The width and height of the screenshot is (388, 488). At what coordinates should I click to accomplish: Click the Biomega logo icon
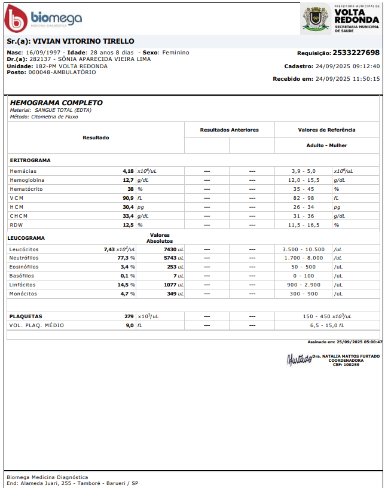16,19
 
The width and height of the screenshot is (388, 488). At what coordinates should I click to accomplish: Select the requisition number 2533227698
356,53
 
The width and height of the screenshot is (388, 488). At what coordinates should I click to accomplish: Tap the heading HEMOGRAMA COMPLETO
56,103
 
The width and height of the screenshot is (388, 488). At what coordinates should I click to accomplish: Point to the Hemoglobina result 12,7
128,180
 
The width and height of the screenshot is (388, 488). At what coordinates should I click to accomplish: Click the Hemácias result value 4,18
128,171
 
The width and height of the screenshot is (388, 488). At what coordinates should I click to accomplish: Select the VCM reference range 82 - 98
303,198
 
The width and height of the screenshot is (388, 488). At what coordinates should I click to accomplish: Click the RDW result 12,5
128,225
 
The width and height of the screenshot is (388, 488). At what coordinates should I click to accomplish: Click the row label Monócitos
23,294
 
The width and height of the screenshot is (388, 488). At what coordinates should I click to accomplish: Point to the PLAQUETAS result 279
129,316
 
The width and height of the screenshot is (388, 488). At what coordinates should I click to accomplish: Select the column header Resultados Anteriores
229,130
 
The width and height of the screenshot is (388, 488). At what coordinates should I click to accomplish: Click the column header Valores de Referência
326,130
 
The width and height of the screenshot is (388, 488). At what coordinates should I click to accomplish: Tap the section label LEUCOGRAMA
26,238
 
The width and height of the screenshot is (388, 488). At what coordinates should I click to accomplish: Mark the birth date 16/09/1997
43,53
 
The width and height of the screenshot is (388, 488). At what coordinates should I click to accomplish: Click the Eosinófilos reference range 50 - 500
303,267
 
